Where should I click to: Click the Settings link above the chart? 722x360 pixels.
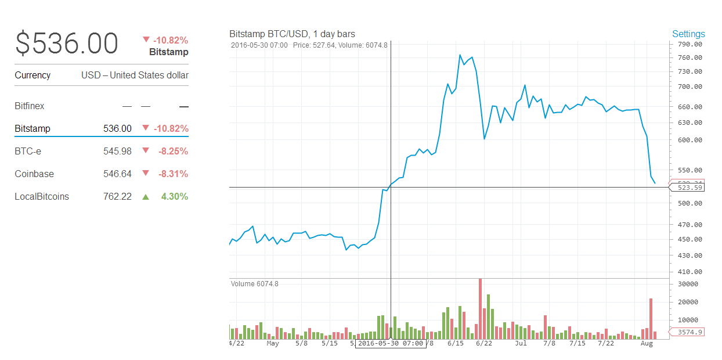click(x=688, y=34)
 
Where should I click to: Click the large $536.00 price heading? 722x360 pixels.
click(x=67, y=44)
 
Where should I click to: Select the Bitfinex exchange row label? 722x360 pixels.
click(x=30, y=106)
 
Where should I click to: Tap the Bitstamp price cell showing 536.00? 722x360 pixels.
click(x=117, y=128)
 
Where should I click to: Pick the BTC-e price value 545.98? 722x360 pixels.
click(x=117, y=151)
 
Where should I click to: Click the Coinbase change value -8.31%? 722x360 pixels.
click(x=173, y=174)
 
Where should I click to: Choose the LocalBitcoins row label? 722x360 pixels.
click(x=42, y=196)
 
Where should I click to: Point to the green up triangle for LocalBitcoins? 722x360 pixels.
click(x=146, y=197)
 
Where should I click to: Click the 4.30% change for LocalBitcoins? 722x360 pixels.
click(x=175, y=196)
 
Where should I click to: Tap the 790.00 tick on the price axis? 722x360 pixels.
click(x=690, y=44)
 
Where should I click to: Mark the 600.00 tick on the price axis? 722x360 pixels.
click(x=690, y=140)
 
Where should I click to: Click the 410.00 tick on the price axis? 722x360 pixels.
click(x=690, y=272)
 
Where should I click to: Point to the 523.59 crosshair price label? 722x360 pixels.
click(x=690, y=188)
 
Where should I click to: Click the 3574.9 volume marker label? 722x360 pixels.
click(x=690, y=332)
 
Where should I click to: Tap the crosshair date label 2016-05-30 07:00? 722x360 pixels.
click(x=390, y=343)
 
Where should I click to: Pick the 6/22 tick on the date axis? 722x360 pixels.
click(x=483, y=343)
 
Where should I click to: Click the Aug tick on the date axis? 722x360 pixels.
click(x=647, y=343)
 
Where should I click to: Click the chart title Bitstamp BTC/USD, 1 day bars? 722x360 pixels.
click(x=292, y=34)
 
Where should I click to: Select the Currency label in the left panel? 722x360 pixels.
click(x=33, y=75)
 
